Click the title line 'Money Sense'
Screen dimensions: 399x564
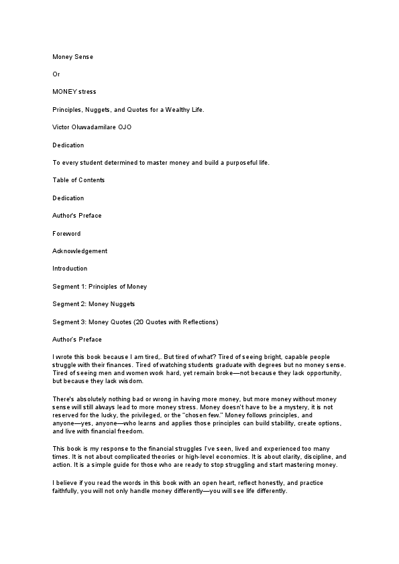coord(72,57)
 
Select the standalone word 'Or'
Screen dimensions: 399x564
coord(56,74)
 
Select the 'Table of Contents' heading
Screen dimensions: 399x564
coord(78,180)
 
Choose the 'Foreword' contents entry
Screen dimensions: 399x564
coord(66,233)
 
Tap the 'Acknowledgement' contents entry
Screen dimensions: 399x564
coord(80,251)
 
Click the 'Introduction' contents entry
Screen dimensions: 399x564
coord(70,269)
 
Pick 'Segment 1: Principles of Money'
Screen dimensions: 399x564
coord(99,286)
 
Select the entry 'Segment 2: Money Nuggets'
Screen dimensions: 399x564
coord(95,304)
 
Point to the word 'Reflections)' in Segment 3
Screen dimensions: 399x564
coord(200,322)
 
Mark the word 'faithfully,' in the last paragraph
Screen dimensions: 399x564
coord(70,491)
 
